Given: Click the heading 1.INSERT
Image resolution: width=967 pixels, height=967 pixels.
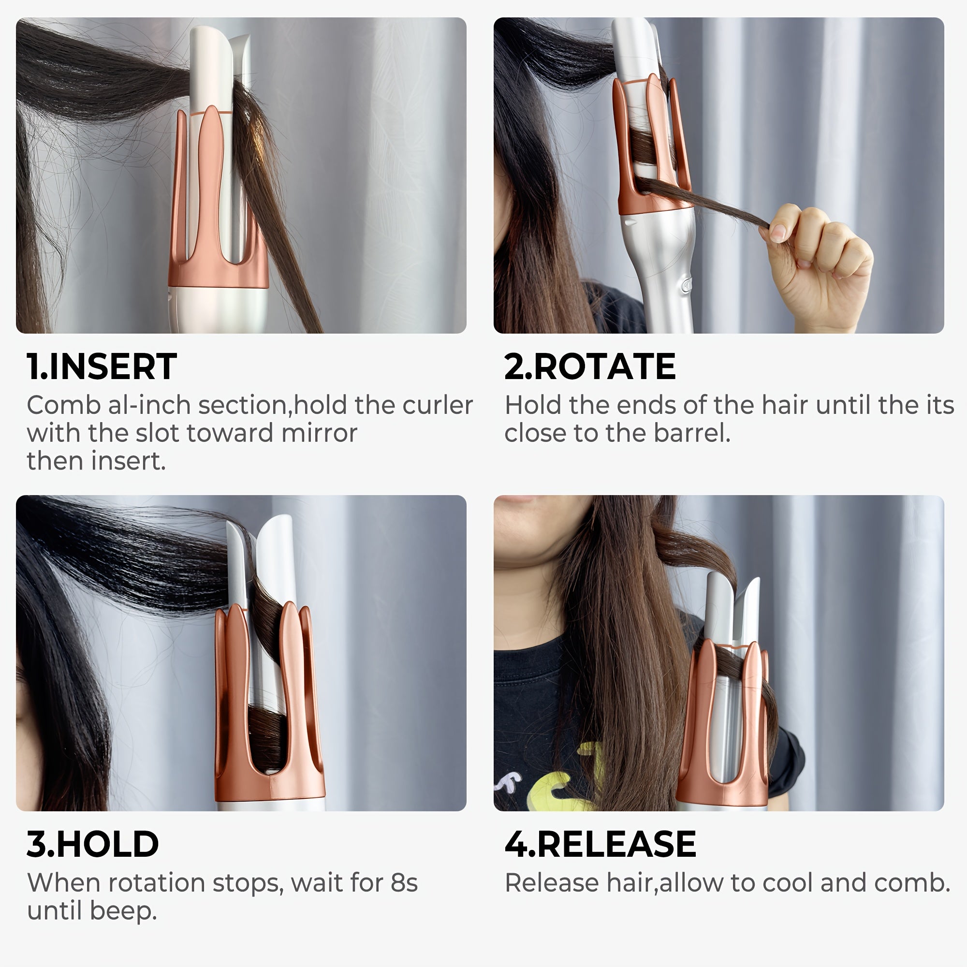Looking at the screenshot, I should pos(102,367).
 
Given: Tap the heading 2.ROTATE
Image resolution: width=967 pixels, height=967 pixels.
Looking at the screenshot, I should pos(589,367).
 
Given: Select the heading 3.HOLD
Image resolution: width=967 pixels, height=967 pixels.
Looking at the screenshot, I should pos(93,844).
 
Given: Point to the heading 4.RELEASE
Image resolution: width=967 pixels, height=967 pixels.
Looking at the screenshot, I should pos(600,844).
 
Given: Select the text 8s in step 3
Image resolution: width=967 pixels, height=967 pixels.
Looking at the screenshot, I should pos(403,883).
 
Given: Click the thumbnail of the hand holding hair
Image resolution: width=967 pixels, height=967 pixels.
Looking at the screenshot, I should pos(718,175).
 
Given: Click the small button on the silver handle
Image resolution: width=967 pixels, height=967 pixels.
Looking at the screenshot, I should pos(685,285).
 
